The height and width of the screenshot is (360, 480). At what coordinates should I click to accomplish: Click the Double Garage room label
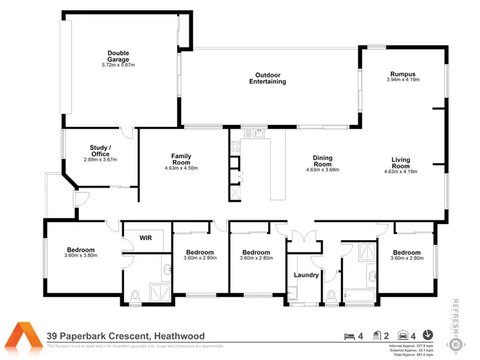coord(118,56)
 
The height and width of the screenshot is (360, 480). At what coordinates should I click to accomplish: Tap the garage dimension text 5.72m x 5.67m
coord(118,65)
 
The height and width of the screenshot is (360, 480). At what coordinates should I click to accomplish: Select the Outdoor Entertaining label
coord(267,78)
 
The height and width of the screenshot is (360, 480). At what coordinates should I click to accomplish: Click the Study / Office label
coord(100,150)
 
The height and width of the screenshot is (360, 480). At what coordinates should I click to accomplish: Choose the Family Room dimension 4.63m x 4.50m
coord(181,168)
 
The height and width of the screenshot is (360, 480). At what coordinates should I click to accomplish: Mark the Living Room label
coord(401,163)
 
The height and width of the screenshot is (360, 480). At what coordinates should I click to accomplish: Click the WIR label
coord(145,238)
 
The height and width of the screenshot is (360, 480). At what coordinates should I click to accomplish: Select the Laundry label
coord(306,275)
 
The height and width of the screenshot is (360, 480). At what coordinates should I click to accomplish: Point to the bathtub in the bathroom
coord(360,296)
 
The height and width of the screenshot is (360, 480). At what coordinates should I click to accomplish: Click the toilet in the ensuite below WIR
coord(134,296)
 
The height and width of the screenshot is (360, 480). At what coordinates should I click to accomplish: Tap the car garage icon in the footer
coord(403,334)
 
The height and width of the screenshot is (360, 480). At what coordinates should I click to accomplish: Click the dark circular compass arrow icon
coord(428,334)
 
